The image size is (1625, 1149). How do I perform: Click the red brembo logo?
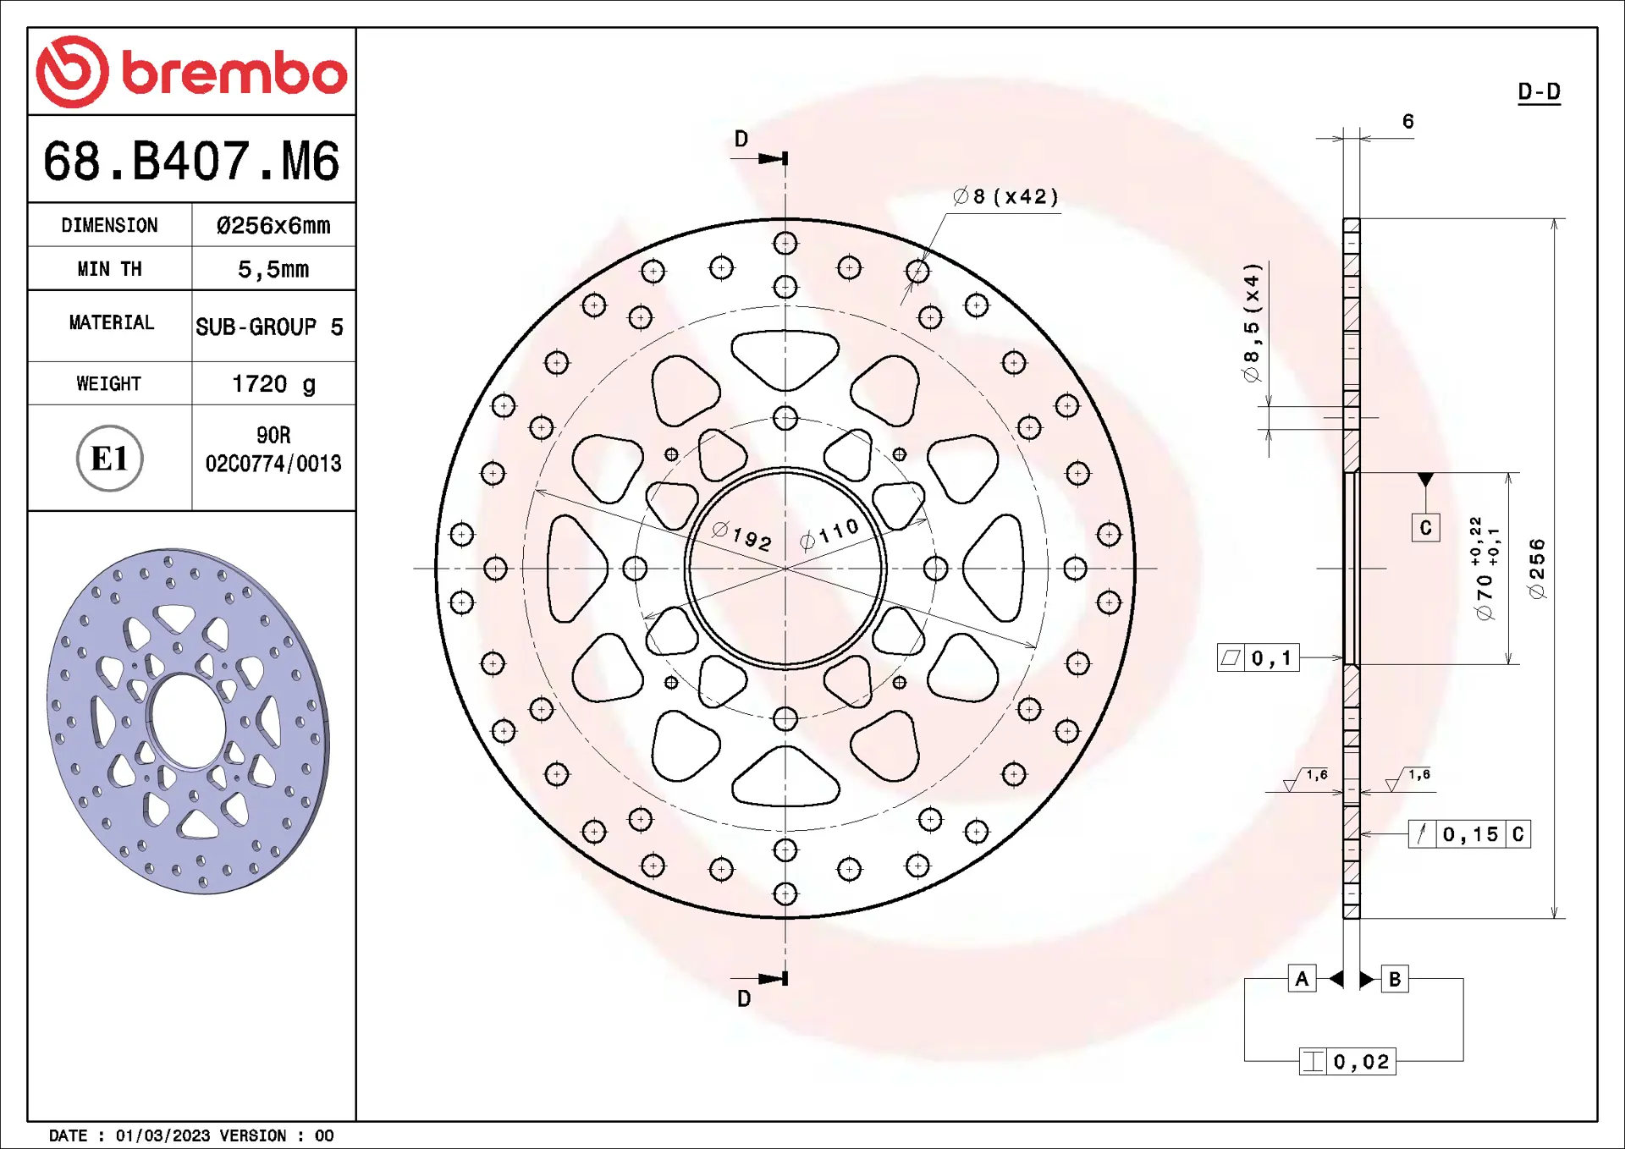point(191,72)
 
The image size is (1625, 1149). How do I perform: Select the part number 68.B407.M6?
point(191,161)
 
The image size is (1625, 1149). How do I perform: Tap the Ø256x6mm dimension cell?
point(273,225)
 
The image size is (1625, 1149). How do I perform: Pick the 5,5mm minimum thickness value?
point(273,269)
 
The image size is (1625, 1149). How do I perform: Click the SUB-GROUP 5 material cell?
point(269,327)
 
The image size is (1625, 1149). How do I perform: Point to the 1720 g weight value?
point(273,384)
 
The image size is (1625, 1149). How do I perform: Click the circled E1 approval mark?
point(110,459)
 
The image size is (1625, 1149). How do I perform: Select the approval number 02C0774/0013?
point(273,464)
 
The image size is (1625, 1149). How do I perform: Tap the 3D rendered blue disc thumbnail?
point(188,721)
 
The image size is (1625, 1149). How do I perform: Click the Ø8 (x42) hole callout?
point(1005,196)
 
